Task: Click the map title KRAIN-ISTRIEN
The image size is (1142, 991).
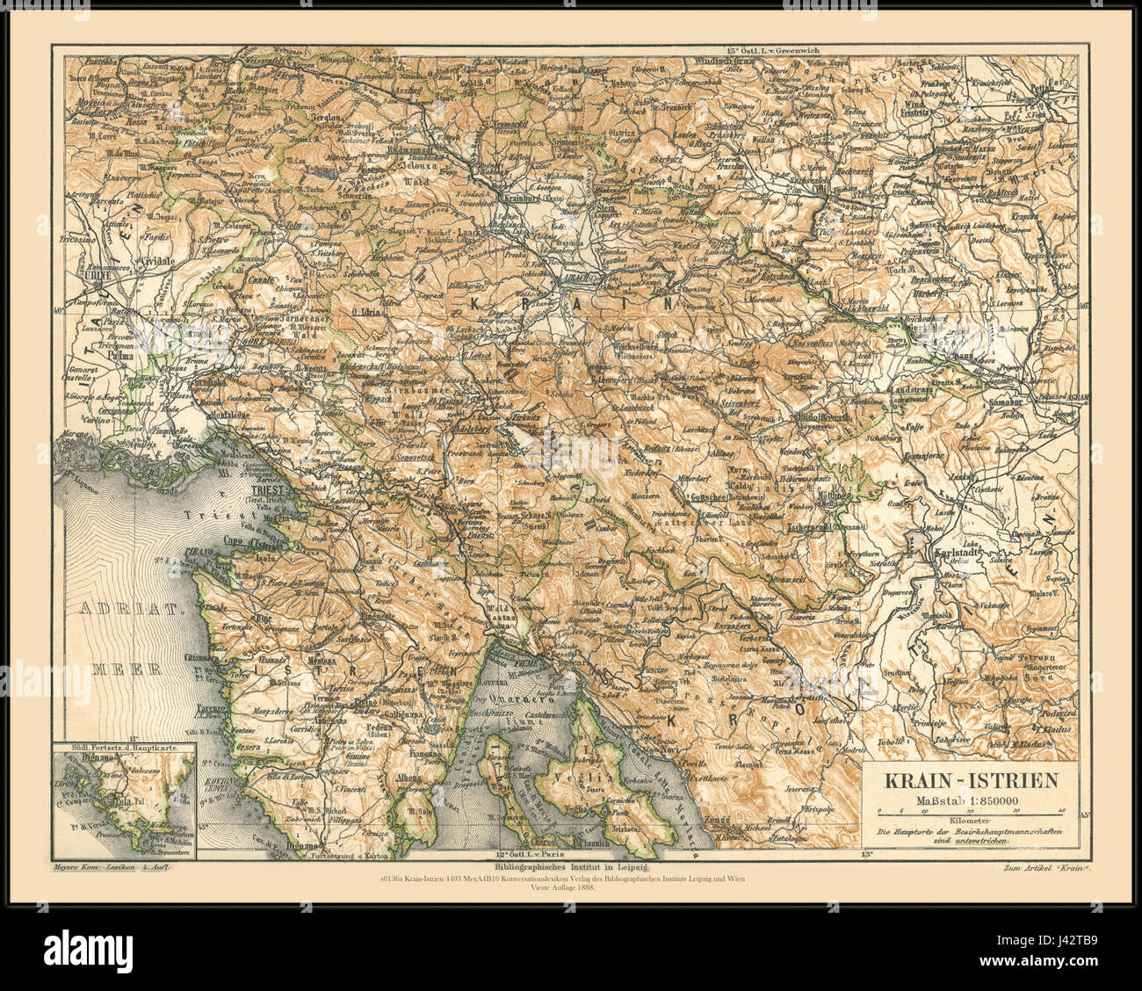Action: click(x=969, y=780)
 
